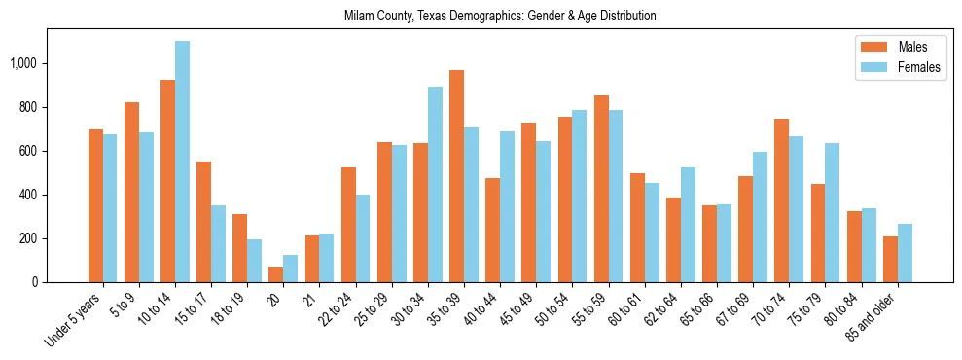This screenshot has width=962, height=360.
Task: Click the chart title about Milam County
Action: tap(500, 17)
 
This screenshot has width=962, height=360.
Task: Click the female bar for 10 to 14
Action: tap(182, 162)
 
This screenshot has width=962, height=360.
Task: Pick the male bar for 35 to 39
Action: tap(456, 176)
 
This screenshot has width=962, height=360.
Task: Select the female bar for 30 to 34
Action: tap(435, 185)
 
